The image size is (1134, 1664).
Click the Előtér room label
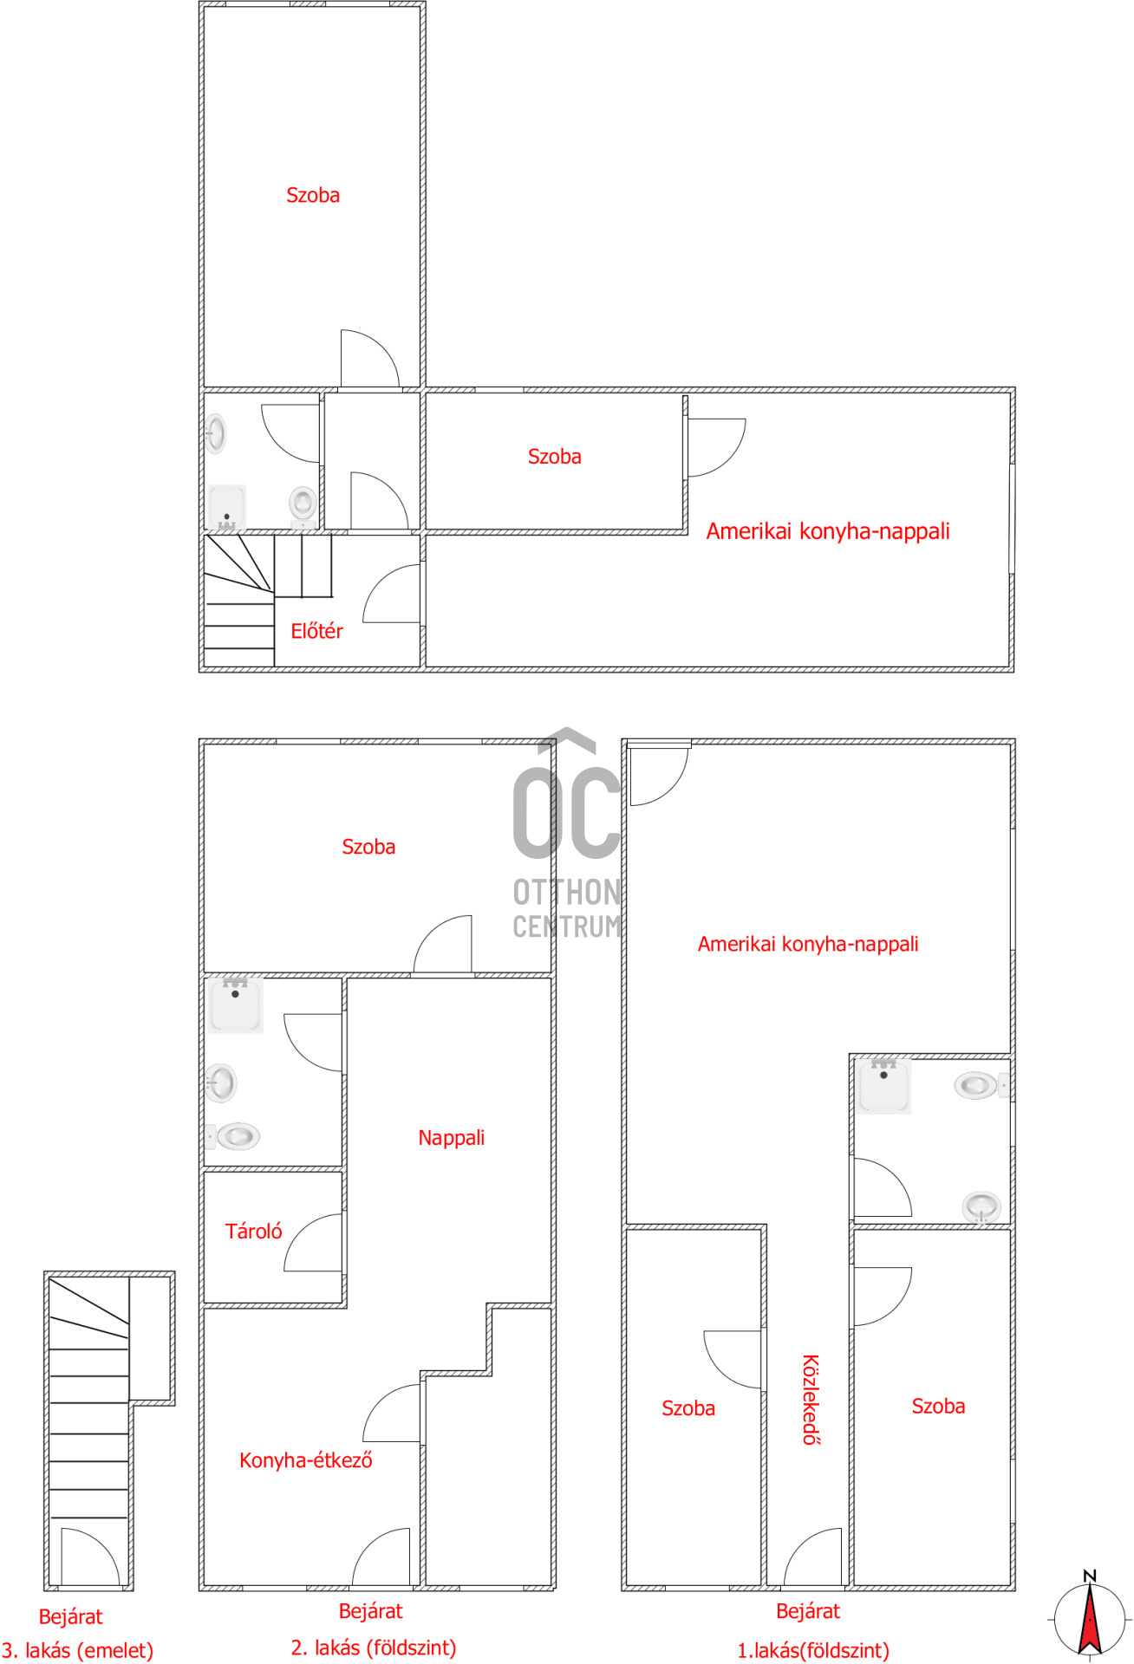316,631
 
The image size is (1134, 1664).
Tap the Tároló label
253,1232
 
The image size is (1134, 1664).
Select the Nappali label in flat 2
451,1138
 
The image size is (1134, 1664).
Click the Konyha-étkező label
305,1460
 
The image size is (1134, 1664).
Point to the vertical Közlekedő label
810,1400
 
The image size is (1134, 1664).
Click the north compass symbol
1090,1615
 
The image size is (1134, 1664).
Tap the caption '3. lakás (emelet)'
77,1651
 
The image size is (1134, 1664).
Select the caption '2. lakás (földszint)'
374,1648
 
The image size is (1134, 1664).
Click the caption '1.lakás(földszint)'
813,1651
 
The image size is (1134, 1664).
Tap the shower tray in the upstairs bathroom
227,507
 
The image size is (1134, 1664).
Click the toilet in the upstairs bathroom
303,504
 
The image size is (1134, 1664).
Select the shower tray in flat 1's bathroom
883,1086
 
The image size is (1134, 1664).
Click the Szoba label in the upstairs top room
313,196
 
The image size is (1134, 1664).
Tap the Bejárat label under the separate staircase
70,1616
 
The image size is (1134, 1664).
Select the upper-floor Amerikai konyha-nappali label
828,531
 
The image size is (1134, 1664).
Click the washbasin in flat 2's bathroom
220,1083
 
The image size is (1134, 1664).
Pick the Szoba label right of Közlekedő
938,1407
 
